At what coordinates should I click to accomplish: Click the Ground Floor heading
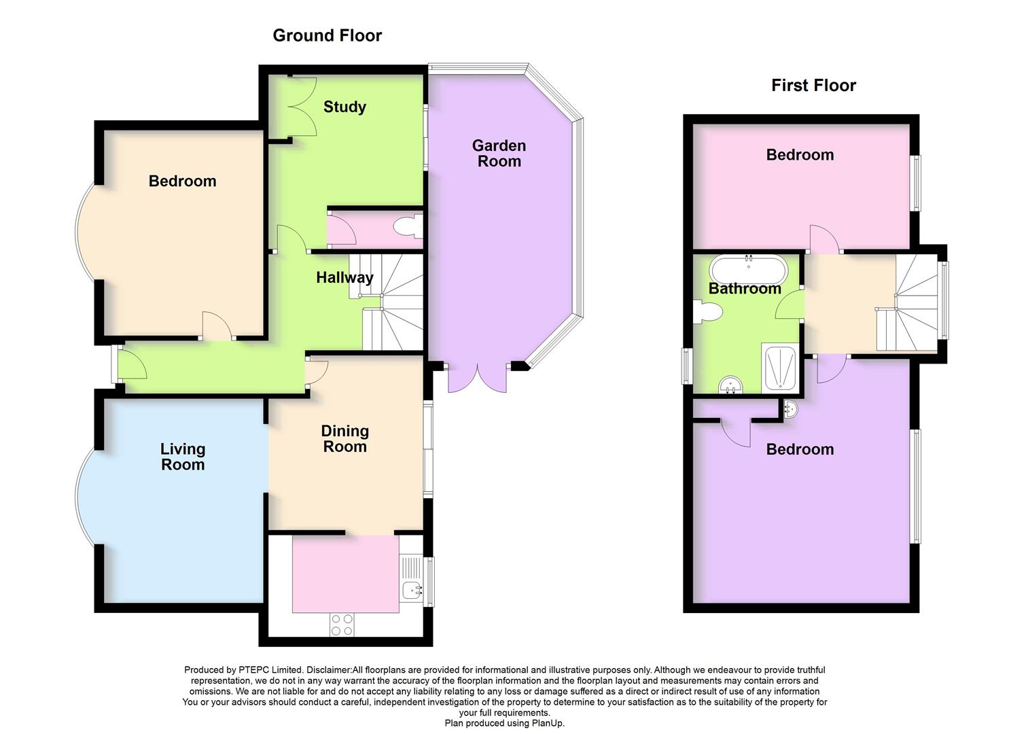(x=327, y=35)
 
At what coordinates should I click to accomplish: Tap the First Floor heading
(x=813, y=85)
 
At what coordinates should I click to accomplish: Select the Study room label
(x=344, y=107)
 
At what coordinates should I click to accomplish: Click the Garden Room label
(x=499, y=154)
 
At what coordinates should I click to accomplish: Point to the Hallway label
(x=344, y=277)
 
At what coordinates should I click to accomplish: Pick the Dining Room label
(x=344, y=438)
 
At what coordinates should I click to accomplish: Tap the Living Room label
(x=182, y=457)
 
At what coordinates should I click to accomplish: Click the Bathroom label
(x=745, y=289)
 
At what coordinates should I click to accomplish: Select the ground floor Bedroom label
(x=182, y=181)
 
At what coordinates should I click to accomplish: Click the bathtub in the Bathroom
(x=748, y=270)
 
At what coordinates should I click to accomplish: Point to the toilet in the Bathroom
(x=709, y=312)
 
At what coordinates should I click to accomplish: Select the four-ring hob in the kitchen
(x=342, y=625)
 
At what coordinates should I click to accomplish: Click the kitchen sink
(x=410, y=589)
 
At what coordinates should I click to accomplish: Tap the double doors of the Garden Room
(x=478, y=379)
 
